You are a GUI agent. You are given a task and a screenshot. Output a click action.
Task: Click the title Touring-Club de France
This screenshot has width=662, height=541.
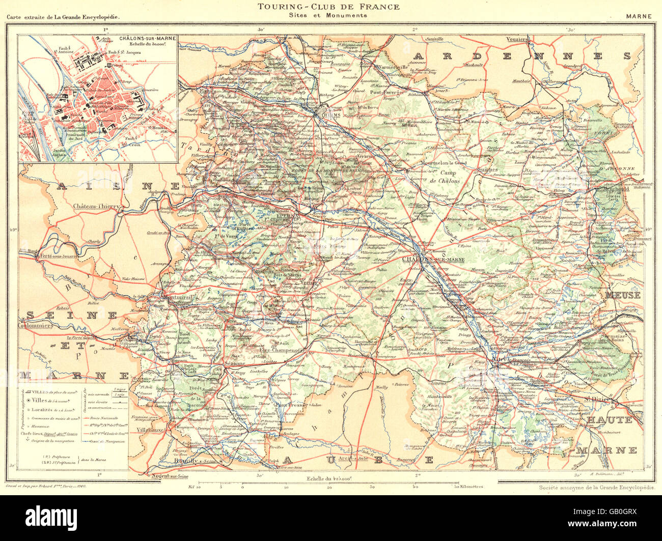pyautogui.click(x=328, y=7)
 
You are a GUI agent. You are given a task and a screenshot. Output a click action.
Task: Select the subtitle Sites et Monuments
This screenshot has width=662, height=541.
pyautogui.click(x=328, y=15)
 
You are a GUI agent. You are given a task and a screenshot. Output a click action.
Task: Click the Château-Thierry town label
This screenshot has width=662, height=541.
pyautogui.click(x=96, y=206)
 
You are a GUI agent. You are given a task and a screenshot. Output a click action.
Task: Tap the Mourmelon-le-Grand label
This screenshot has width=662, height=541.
pyautogui.click(x=444, y=163)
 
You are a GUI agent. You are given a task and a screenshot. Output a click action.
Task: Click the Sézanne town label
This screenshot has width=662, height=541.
pyautogui.click(x=235, y=364)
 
